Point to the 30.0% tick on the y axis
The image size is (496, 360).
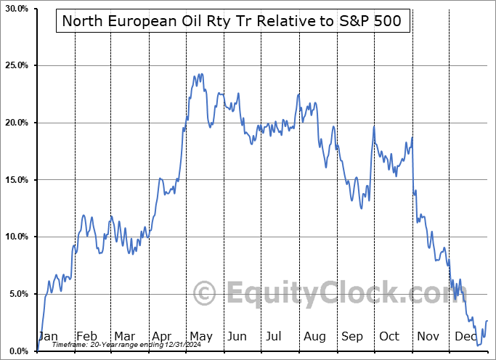[17, 9]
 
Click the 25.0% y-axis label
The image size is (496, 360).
[17, 66]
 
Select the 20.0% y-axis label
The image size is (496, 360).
[17, 123]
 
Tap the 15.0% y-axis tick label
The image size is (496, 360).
[17, 180]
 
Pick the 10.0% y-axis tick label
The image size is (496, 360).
[17, 237]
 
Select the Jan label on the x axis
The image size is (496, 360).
[47, 337]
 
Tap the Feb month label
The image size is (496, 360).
[86, 337]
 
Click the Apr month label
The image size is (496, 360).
[163, 337]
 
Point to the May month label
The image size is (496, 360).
[200, 337]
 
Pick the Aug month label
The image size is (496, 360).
[314, 337]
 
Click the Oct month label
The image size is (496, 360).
[390, 337]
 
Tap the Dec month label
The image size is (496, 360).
[465, 337]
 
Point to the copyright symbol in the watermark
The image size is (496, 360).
[206, 294]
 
